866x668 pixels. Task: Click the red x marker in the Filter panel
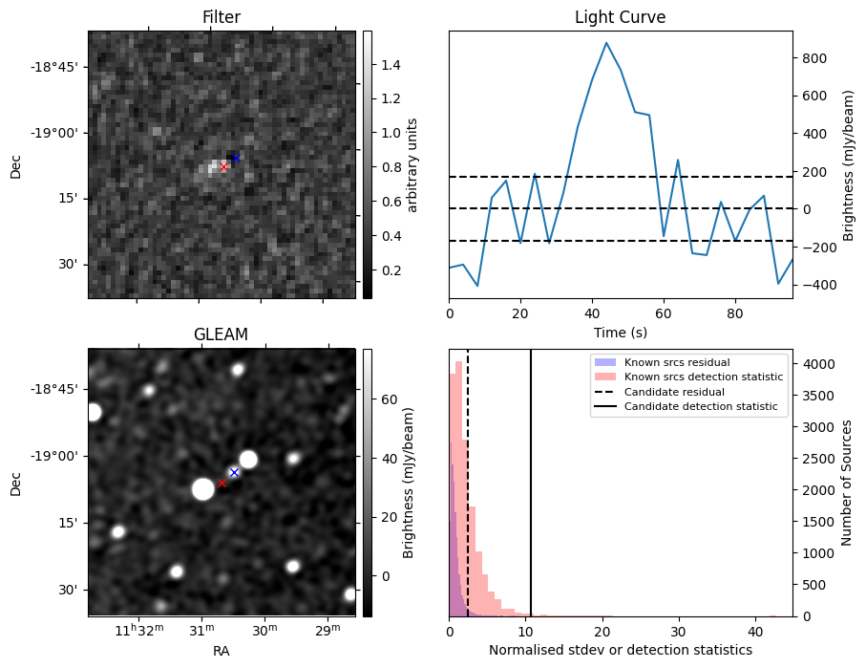[x=223, y=167]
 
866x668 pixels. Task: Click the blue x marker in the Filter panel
[x=236, y=158]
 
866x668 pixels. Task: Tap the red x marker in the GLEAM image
[x=222, y=483]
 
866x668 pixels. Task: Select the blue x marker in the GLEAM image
[x=234, y=473]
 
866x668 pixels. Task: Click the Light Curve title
[x=620, y=17]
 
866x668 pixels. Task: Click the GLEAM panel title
[x=221, y=334]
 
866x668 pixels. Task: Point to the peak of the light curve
[x=606, y=43]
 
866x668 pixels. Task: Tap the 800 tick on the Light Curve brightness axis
[x=813, y=57]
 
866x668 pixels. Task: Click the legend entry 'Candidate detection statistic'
[x=700, y=407]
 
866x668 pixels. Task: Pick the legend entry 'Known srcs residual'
[x=676, y=362]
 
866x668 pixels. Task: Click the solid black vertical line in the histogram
[x=531, y=478]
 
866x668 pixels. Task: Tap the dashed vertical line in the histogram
[x=468, y=478]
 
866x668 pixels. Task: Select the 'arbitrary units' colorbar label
[x=412, y=165]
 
